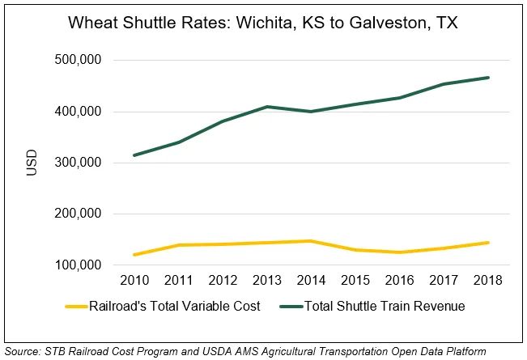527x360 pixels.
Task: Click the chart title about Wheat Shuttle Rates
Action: (262, 23)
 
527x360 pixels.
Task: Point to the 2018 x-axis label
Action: (488, 281)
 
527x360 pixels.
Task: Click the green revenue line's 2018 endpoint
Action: (488, 78)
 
